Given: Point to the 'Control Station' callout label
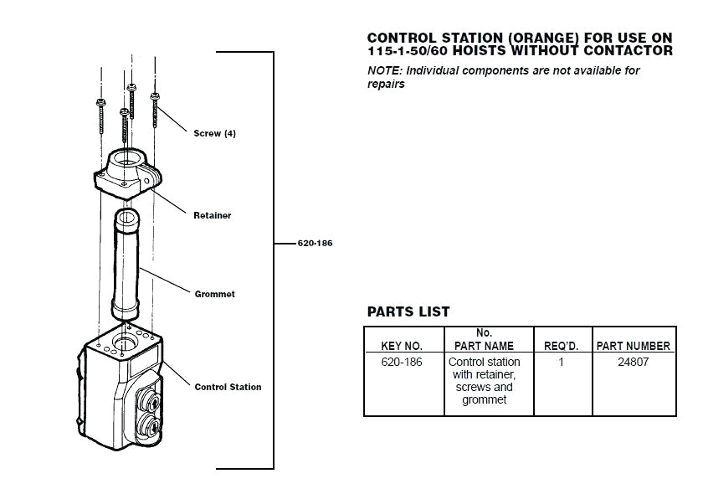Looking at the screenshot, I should click(228, 387).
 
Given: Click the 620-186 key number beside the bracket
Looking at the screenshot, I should click(316, 244).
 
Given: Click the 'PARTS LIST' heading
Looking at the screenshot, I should click(408, 312).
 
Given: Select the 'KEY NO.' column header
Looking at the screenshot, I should click(402, 346).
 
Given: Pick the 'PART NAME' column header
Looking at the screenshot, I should click(484, 346).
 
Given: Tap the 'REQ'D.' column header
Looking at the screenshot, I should click(562, 346).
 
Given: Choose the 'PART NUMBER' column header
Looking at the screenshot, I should click(633, 346).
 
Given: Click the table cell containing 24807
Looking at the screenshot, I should click(633, 363).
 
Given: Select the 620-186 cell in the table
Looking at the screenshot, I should click(402, 363).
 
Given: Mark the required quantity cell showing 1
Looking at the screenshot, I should click(562, 363).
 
